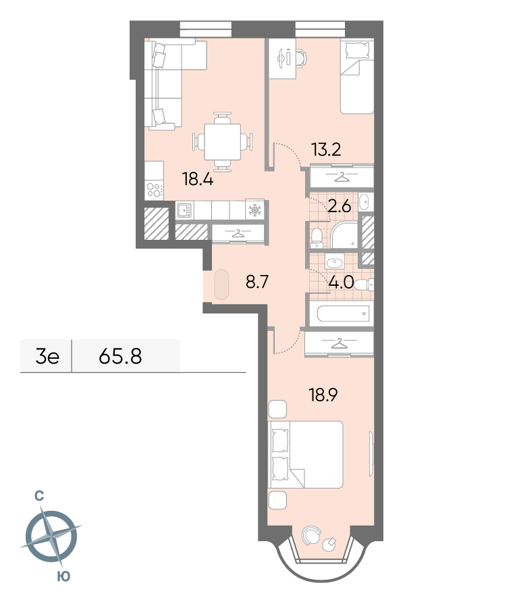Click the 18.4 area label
pos(198,179)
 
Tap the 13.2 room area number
pos(326,149)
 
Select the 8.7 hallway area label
pos(256,282)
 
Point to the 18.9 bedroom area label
pos(323,395)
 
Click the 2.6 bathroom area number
pos(340,207)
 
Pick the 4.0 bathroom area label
pos(341,282)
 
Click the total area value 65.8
pos(120,356)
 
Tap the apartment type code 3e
pos(47,357)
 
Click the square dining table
pos(223,142)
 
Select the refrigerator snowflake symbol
pos(254,209)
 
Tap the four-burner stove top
pos(155,190)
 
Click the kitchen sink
pos(185,210)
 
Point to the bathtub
pos(343,313)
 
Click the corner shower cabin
pos(344,234)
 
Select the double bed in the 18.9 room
pos(305,455)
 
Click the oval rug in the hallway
pos(221,284)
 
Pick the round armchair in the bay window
pos(311,535)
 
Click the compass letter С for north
pos(38,497)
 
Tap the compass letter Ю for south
pos(63,576)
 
